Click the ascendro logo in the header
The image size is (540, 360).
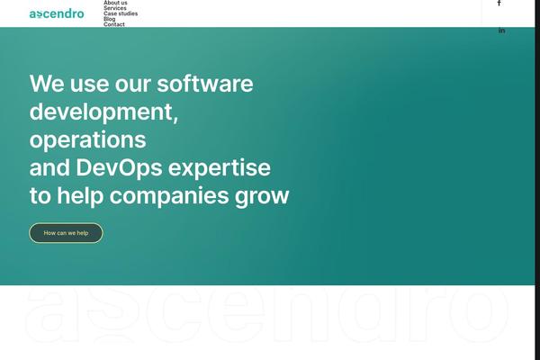pyautogui.click(x=57, y=13)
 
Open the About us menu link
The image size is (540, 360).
pyautogui.click(x=115, y=3)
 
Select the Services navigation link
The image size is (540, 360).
pyautogui.click(x=115, y=8)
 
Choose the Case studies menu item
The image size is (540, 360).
pyautogui.click(x=121, y=13)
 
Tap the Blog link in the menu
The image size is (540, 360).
pyautogui.click(x=110, y=19)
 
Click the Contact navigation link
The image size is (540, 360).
pyautogui.click(x=114, y=24)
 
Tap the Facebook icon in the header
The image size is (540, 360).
pyautogui.click(x=499, y=3)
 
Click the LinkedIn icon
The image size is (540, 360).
pyautogui.click(x=502, y=31)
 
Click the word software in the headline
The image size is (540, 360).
pyautogui.click(x=205, y=84)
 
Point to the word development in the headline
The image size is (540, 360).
pyautogui.click(x=103, y=112)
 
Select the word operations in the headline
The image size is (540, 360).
pyautogui.click(x=88, y=140)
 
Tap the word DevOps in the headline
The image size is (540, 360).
pyautogui.click(x=119, y=167)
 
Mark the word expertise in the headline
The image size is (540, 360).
pyautogui.click(x=220, y=168)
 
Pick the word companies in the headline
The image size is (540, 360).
pyautogui.click(x=169, y=196)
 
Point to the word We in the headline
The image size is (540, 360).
pyautogui.click(x=47, y=84)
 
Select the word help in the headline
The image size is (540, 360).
pyautogui.click(x=80, y=196)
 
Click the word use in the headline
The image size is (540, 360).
pyautogui.click(x=89, y=85)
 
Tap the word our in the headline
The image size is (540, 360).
pyautogui.click(x=133, y=85)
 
